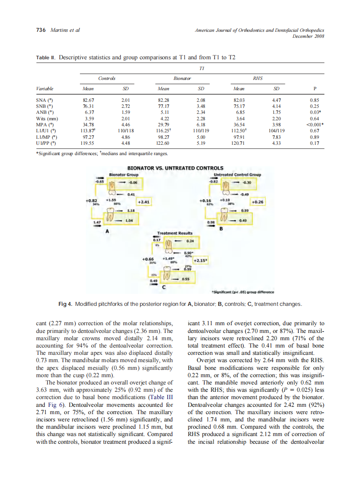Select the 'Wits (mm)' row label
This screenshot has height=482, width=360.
coord(48,119)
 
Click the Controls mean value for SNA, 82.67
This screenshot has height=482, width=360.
coord(88,101)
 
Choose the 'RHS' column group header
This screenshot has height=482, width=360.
coord(257,79)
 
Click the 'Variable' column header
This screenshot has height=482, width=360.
coord(46,89)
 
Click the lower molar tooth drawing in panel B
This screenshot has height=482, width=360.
coord(223,215)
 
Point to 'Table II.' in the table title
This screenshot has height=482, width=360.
coord(46,57)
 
